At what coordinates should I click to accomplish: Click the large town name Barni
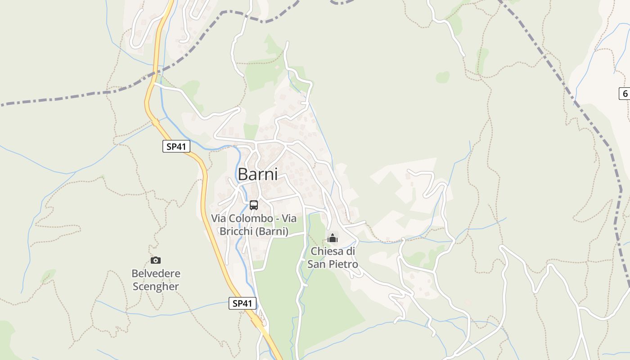(257, 174)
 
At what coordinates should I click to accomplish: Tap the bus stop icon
(254, 205)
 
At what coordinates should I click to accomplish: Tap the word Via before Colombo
(218, 219)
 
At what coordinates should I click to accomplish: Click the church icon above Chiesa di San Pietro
(333, 238)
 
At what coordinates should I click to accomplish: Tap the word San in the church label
(317, 264)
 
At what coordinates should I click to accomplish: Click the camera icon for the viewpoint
(156, 260)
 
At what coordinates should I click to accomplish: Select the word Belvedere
(156, 274)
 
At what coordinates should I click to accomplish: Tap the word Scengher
(156, 287)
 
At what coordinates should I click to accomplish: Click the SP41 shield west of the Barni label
(176, 146)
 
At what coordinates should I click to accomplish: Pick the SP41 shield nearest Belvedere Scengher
(243, 303)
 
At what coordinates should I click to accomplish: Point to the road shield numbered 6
(625, 94)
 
